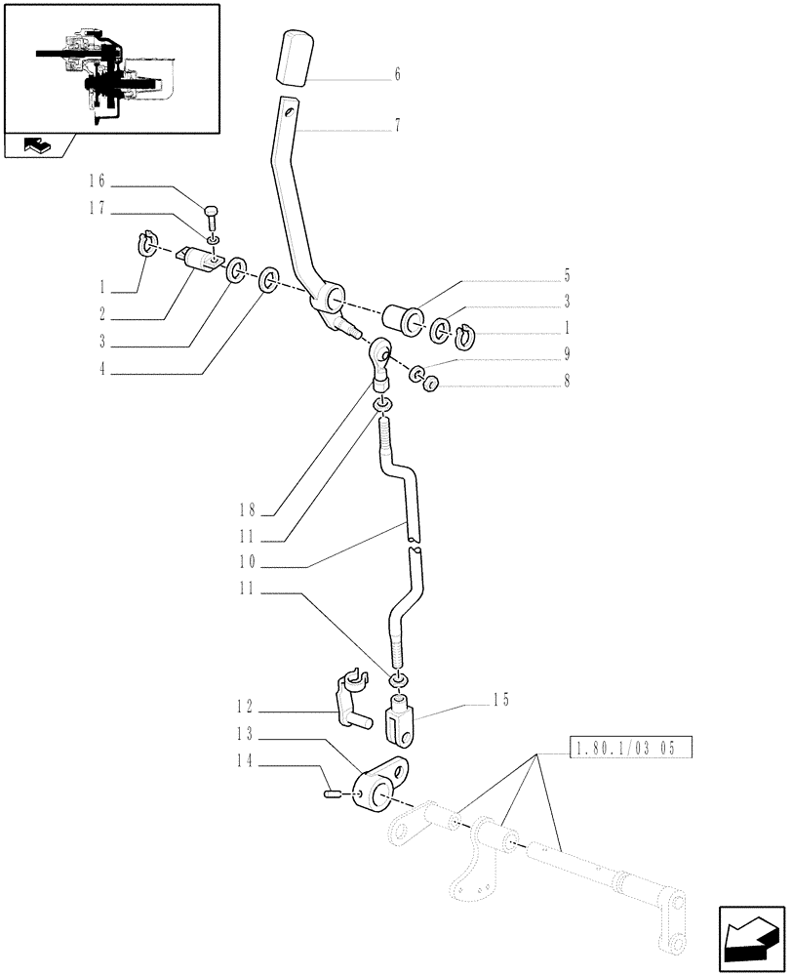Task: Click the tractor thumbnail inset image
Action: (x=110, y=68)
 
